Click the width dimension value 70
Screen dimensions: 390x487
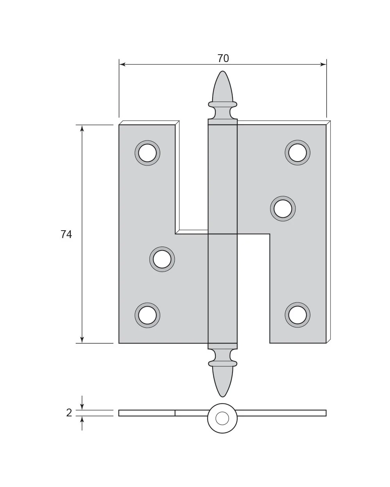pyautogui.click(x=223, y=59)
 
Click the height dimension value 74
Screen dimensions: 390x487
pyautogui.click(x=66, y=235)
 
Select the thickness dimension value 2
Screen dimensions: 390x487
pyautogui.click(x=69, y=413)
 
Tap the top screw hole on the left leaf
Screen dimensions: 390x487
pyautogui.click(x=147, y=153)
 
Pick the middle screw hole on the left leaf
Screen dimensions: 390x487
pyautogui.click(x=162, y=259)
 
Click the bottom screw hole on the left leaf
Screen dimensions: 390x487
pyautogui.click(x=147, y=315)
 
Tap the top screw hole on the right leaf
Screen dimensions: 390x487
pyautogui.click(x=297, y=153)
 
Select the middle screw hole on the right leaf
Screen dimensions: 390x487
pyautogui.click(x=283, y=208)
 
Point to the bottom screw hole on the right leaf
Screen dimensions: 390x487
pyautogui.click(x=297, y=315)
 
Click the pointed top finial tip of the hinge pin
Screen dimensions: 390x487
pyautogui.click(x=222, y=71)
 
